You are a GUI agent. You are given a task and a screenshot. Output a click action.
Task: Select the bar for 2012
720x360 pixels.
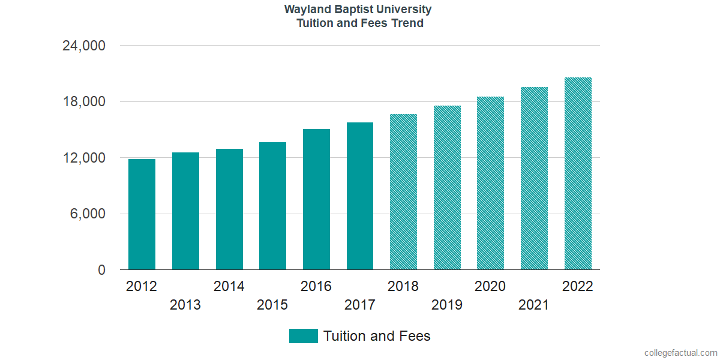(x=142, y=214)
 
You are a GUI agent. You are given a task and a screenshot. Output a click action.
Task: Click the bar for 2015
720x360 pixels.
(x=272, y=206)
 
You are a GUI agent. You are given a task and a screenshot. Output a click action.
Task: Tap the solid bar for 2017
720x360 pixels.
(x=360, y=196)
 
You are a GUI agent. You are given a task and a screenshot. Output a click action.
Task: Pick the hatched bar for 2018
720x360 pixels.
(x=403, y=192)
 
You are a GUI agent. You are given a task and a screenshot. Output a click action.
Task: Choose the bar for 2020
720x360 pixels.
(x=490, y=183)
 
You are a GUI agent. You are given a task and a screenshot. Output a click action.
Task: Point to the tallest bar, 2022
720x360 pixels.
(x=578, y=173)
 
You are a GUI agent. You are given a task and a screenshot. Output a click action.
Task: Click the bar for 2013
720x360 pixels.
(x=185, y=211)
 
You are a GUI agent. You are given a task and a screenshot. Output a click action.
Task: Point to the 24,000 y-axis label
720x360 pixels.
(x=84, y=46)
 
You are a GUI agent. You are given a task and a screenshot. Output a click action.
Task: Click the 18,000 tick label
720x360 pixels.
(x=84, y=102)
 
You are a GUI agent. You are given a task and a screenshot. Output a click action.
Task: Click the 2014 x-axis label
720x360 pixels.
(x=229, y=286)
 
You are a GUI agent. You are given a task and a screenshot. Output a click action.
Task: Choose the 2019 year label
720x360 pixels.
(x=447, y=305)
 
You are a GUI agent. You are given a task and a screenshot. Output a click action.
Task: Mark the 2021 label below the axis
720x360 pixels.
(x=534, y=305)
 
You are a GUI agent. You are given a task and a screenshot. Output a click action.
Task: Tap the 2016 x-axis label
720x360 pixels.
(x=316, y=286)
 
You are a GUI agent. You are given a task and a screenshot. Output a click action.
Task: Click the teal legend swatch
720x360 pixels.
(x=303, y=336)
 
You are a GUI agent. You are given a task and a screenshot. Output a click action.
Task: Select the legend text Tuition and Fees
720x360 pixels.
(x=377, y=336)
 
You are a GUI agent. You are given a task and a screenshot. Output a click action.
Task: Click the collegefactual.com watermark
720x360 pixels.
(x=680, y=353)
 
